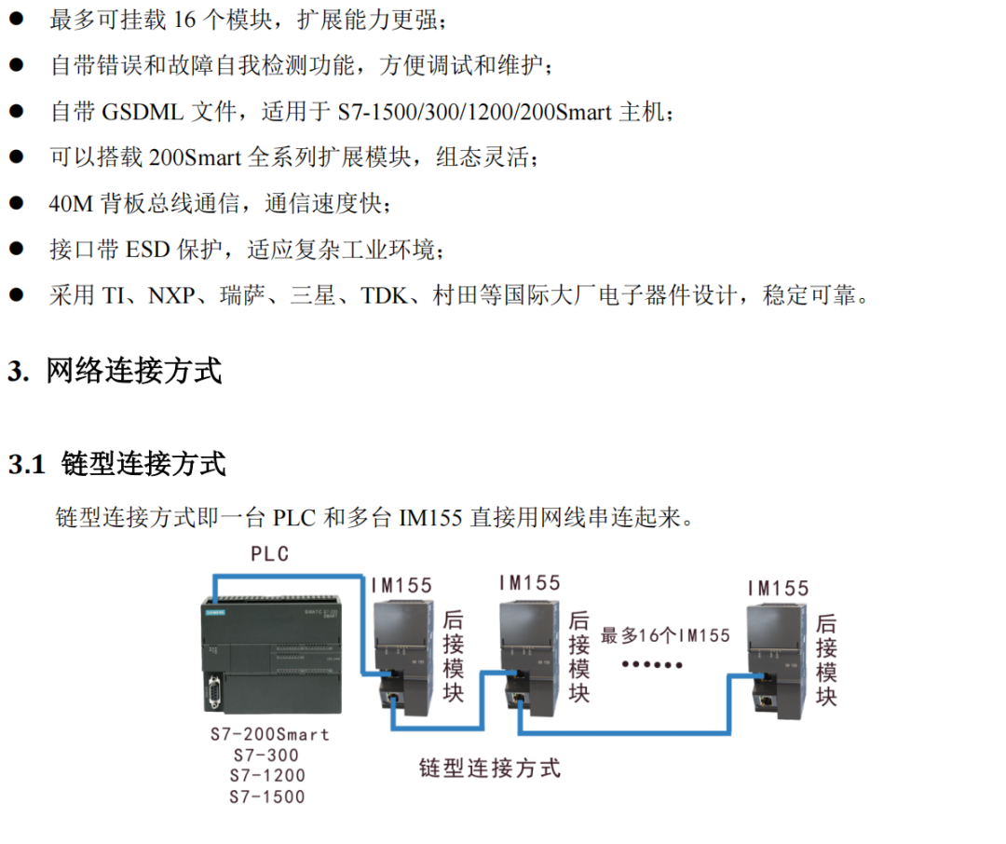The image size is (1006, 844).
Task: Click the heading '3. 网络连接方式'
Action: click(115, 371)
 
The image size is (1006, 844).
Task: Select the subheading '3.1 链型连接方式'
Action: click(117, 463)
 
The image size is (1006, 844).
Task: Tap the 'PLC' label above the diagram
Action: click(270, 554)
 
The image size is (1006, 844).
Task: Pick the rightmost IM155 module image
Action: click(776, 657)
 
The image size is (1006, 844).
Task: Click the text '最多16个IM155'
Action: click(665, 636)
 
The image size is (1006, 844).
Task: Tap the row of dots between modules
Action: click(652, 665)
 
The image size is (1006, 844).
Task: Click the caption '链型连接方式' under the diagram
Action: click(490, 769)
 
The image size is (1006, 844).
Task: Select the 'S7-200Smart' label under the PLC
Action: click(269, 734)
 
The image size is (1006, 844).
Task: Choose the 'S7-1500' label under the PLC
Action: click(267, 796)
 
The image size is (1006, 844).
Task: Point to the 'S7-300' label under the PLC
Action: click(267, 755)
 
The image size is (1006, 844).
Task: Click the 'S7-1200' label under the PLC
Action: click(267, 775)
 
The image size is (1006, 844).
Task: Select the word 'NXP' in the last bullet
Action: click(171, 296)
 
